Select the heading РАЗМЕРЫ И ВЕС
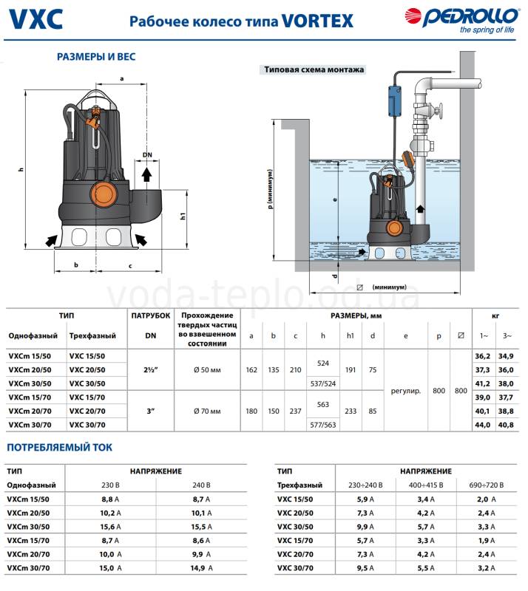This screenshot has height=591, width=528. (x=96, y=56)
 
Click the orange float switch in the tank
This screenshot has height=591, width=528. (x=409, y=160)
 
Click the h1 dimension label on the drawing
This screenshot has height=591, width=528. (x=183, y=216)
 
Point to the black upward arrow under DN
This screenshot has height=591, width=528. (x=147, y=174)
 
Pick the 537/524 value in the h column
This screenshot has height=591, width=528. (x=322, y=383)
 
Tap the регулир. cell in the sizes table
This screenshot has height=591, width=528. (x=406, y=390)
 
